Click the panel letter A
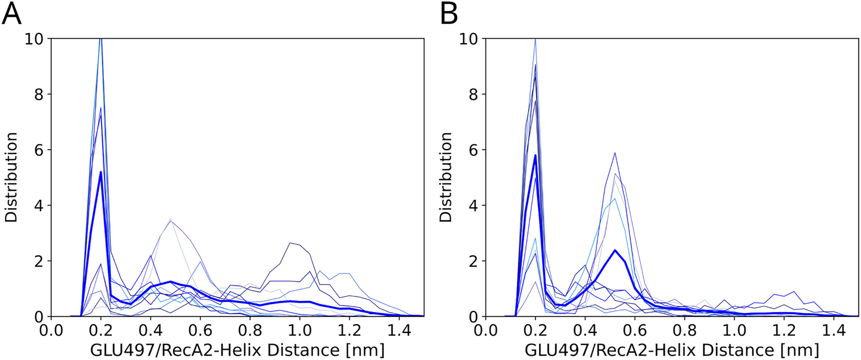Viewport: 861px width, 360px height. pyautogui.click(x=12, y=14)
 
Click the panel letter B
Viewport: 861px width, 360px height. pyautogui.click(x=449, y=14)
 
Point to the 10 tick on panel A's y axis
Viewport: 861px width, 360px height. pyautogui.click(x=34, y=39)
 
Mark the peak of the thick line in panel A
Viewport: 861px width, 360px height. pyautogui.click(x=101, y=172)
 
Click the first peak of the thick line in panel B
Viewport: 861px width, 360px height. pyautogui.click(x=536, y=155)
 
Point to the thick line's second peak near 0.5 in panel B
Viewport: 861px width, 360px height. pyautogui.click(x=615, y=250)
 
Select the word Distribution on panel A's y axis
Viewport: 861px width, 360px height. pyautogui.click(x=11, y=177)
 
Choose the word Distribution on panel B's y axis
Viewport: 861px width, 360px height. pyautogui.click(x=446, y=177)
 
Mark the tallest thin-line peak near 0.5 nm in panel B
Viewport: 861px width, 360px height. pyautogui.click(x=615, y=153)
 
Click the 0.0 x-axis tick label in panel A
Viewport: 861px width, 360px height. pyautogui.click(x=51, y=331)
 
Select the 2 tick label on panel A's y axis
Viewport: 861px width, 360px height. pyautogui.click(x=39, y=261)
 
